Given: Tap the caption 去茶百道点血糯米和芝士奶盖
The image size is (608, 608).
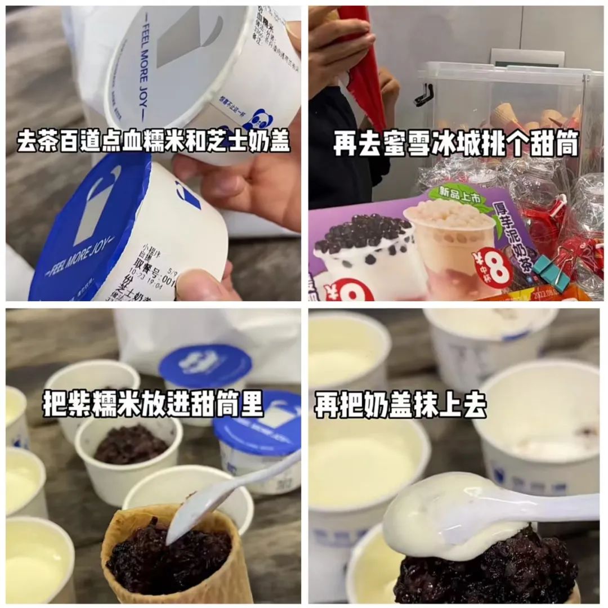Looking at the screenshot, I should [x=153, y=142].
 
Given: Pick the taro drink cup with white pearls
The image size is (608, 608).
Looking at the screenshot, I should [x=450, y=248].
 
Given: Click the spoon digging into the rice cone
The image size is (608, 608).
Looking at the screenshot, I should [x=225, y=495].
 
